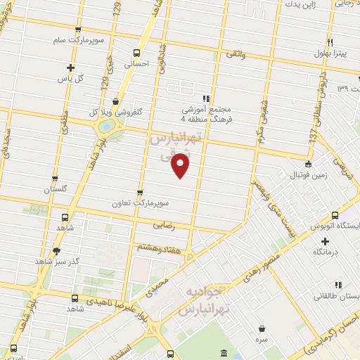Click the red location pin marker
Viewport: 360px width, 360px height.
(181, 167)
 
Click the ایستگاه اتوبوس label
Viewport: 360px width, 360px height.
(337, 226)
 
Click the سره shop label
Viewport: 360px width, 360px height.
(262, 339)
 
